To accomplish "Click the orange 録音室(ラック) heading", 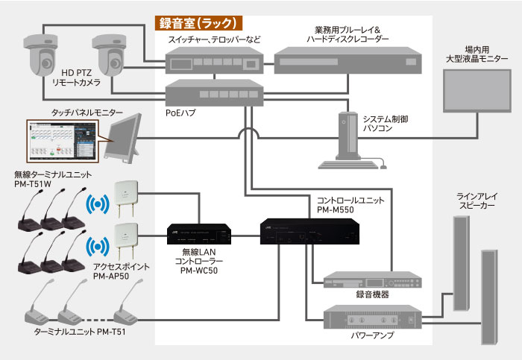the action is pos(198,23).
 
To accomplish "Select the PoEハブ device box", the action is pos(215,93).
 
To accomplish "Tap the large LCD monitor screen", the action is pos(477,91).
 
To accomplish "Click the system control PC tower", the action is pos(348,136).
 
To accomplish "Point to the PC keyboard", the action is pos(348,165).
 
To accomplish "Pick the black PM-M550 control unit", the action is pos(309,232).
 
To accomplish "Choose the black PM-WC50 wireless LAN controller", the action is pos(199,234).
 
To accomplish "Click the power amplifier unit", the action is pos(373,317).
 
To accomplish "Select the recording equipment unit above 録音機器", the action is pos(373,280).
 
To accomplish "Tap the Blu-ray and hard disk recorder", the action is pos(348,60).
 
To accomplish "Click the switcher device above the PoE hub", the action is pos(215,60).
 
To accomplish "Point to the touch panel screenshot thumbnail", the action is pos(63,141).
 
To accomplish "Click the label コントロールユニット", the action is pos(350,200).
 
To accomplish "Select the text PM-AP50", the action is pos(111,277).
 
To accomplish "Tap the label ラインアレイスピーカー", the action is pos(477,201).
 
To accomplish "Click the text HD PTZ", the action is pos(76,73).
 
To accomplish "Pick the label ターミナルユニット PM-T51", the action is pos(80,332).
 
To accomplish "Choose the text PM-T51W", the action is pos(33,184).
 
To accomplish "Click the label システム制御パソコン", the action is pos(386,124).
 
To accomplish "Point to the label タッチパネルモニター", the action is pos(87,113).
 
